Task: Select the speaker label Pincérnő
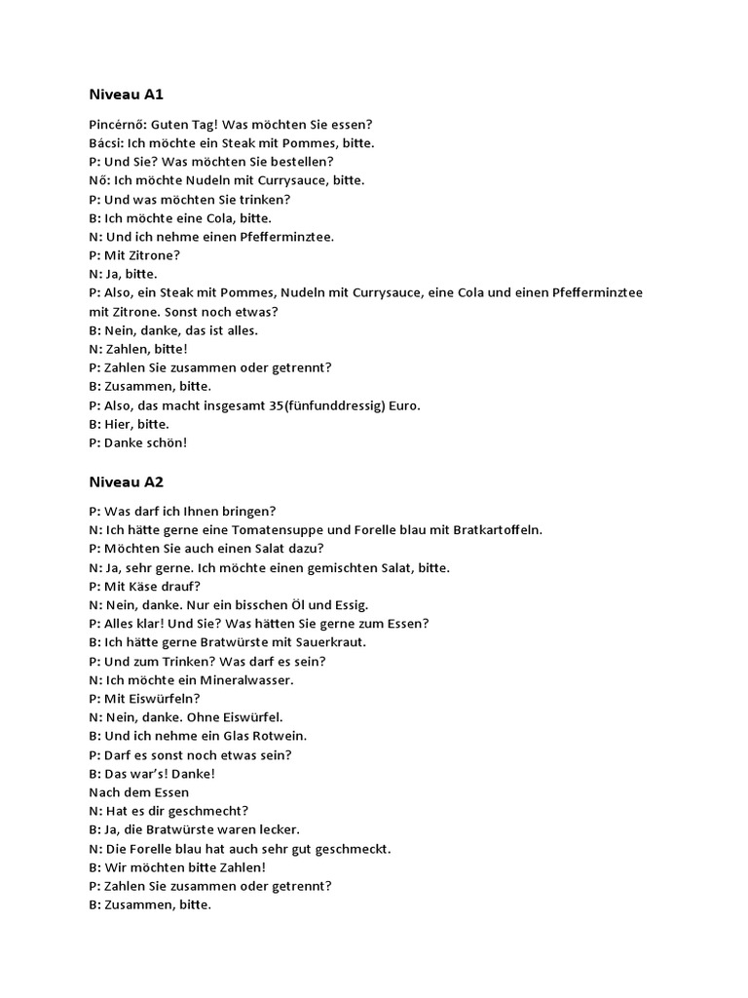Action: click(x=116, y=125)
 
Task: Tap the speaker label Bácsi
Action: click(x=105, y=143)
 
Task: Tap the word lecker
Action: click(x=278, y=829)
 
